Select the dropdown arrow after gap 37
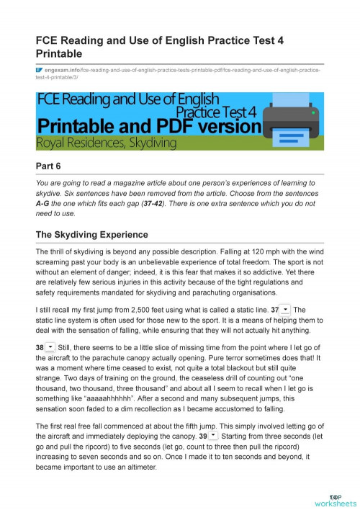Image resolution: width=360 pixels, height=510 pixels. (x=286, y=309)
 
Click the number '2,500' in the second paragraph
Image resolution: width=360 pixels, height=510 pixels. (x=129, y=309)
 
